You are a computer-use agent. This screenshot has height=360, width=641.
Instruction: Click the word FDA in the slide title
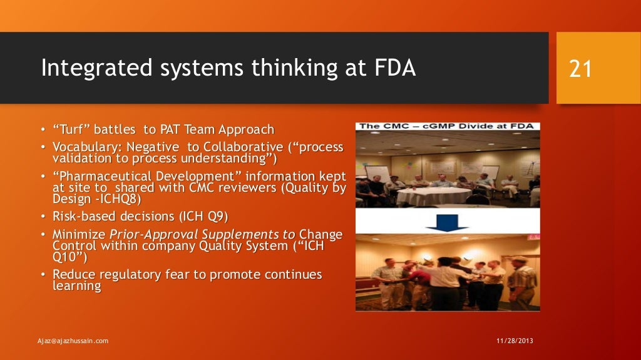tap(392, 68)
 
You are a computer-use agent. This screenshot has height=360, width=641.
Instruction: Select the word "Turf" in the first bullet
tap(73, 130)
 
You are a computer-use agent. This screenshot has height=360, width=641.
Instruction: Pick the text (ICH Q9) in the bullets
tap(202, 217)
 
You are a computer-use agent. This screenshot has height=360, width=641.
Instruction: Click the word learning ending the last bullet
tap(76, 286)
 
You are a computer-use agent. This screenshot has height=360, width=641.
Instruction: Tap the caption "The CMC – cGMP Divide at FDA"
tap(448, 126)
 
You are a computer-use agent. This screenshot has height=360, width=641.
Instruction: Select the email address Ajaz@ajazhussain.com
tap(73, 341)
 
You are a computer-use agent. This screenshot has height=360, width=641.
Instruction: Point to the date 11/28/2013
tap(515, 341)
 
